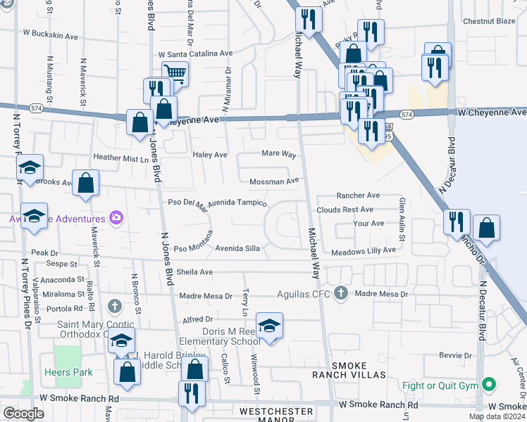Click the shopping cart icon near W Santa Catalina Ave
(175, 73)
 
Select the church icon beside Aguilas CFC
(341, 293)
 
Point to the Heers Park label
(63, 372)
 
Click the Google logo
(23, 414)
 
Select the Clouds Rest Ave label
(345, 210)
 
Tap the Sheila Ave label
(195, 272)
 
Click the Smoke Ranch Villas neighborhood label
(359, 370)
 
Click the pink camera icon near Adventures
(116, 217)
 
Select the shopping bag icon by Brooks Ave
(85, 183)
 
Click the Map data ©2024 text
(497, 416)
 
